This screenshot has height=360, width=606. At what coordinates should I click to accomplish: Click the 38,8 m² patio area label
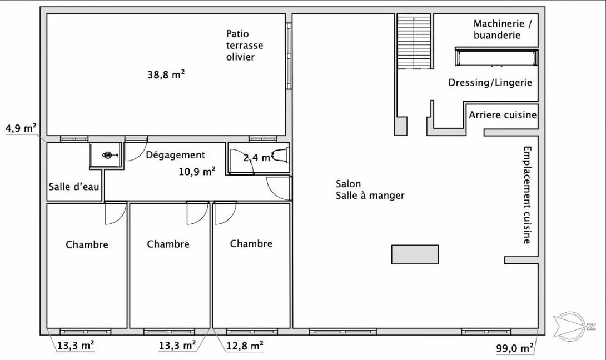pos(166,74)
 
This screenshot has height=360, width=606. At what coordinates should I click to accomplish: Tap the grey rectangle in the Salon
pos(415,254)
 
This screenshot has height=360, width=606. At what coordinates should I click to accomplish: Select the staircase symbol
pos(414,41)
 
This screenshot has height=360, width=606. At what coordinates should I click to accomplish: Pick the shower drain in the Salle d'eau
pos(108,156)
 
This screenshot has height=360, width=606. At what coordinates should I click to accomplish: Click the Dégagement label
pos(176,155)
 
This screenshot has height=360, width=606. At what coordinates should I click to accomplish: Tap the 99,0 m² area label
pos(515,348)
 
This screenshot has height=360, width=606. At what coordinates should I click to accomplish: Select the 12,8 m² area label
pos(245,346)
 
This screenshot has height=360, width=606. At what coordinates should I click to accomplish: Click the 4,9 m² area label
pos(21,128)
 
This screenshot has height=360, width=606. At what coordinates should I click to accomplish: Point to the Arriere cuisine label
pos(503,114)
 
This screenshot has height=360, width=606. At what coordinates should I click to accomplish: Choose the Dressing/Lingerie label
pos(490,82)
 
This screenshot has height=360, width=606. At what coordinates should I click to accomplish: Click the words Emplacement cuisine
pos(527,194)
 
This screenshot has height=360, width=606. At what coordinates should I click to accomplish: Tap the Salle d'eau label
pos(74,187)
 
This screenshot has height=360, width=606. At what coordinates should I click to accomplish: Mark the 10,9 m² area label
pos(197,171)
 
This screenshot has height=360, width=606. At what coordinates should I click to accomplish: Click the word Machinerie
pos(499,23)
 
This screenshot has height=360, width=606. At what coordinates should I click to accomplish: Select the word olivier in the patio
pos(240,57)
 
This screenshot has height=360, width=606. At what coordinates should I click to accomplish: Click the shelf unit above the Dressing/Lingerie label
pos(496,57)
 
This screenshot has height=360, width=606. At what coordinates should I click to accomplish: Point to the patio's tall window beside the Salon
pos(289,56)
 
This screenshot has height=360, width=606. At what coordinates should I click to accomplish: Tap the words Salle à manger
pos(370,196)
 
